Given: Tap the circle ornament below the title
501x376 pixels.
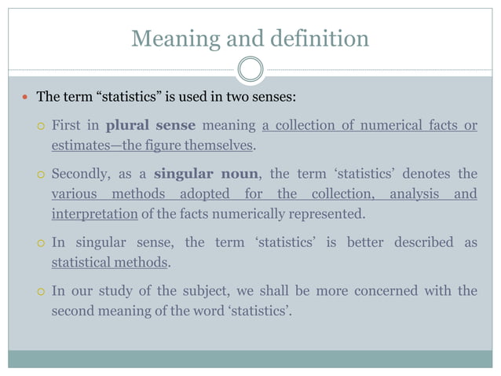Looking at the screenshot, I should click(x=250, y=69).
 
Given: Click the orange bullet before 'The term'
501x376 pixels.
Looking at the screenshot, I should click(x=25, y=98).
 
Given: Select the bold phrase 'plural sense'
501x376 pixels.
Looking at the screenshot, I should click(x=150, y=126).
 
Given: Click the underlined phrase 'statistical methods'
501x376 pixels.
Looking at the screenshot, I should click(x=110, y=262).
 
